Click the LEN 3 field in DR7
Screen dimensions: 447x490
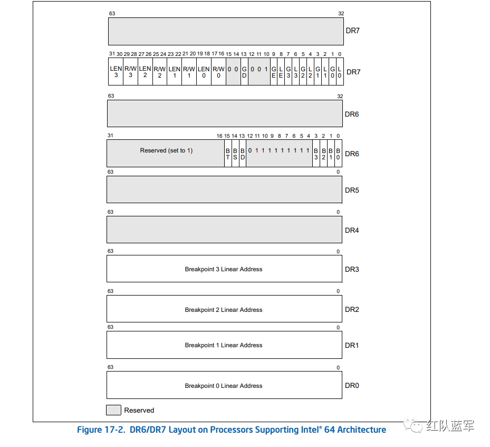(x=116, y=72)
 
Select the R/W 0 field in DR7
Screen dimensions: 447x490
(x=218, y=72)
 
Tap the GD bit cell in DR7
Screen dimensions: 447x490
(x=244, y=72)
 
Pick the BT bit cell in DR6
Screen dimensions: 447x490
(x=228, y=154)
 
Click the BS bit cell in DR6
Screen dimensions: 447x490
(x=235, y=154)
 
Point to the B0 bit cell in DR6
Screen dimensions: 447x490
(x=338, y=154)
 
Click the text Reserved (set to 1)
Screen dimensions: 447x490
(x=166, y=150)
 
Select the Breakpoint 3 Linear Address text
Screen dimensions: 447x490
(x=224, y=269)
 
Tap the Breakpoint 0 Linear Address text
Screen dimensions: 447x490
(x=224, y=386)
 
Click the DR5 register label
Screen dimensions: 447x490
(x=352, y=190)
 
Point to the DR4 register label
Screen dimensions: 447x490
(x=352, y=231)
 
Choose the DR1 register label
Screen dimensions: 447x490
(x=352, y=345)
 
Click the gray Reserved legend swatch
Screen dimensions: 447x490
(x=113, y=410)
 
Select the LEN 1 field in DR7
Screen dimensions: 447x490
(x=174, y=72)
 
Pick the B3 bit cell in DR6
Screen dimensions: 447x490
(x=316, y=154)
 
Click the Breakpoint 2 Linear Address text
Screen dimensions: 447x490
(x=224, y=310)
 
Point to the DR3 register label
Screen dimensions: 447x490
(x=352, y=269)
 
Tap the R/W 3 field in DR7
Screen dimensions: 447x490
(x=130, y=72)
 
